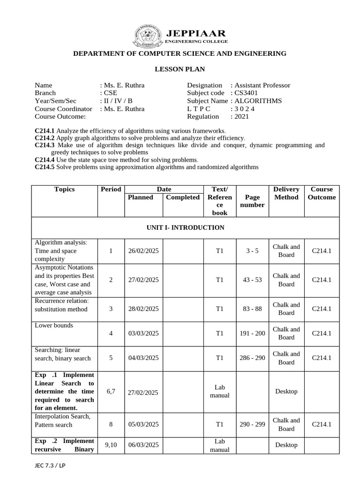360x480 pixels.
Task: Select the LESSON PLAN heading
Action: point(180,69)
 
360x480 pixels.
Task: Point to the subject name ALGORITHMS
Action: point(265,101)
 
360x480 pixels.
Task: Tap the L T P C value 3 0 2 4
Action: point(246,109)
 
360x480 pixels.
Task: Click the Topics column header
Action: point(64,189)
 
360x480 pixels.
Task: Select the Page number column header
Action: point(252,201)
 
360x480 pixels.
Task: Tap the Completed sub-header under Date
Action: point(183,197)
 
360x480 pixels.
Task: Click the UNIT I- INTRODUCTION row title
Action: point(186,228)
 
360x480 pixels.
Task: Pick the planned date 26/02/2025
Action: point(143,251)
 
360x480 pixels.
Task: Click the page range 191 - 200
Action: point(252,333)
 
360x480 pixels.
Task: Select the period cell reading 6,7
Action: point(111,391)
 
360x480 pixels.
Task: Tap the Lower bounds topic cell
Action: point(54,325)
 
